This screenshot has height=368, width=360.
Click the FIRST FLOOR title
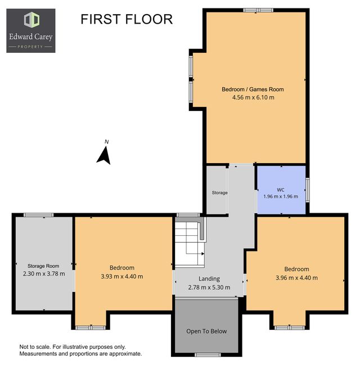(127, 19)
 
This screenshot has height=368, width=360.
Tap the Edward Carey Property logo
(31, 31)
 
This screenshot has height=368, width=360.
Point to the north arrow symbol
(103, 155)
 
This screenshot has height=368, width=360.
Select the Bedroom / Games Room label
(253, 89)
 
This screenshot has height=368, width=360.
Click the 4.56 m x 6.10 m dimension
(253, 97)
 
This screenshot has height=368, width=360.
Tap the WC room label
(281, 190)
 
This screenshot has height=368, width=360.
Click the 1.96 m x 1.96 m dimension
(281, 196)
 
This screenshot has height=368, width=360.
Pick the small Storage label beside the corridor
(220, 192)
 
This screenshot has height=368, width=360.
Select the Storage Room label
(43, 266)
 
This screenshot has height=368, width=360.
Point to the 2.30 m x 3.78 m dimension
(44, 273)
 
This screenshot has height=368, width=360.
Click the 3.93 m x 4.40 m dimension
(122, 276)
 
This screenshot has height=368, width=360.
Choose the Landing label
(209, 279)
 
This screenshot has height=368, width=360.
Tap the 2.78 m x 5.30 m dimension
(209, 288)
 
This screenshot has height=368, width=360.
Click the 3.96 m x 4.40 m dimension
(296, 278)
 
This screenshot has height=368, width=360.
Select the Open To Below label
(206, 331)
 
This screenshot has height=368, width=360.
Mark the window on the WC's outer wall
(308, 190)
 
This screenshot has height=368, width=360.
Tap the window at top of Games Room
(258, 10)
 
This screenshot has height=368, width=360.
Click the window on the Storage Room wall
(39, 215)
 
